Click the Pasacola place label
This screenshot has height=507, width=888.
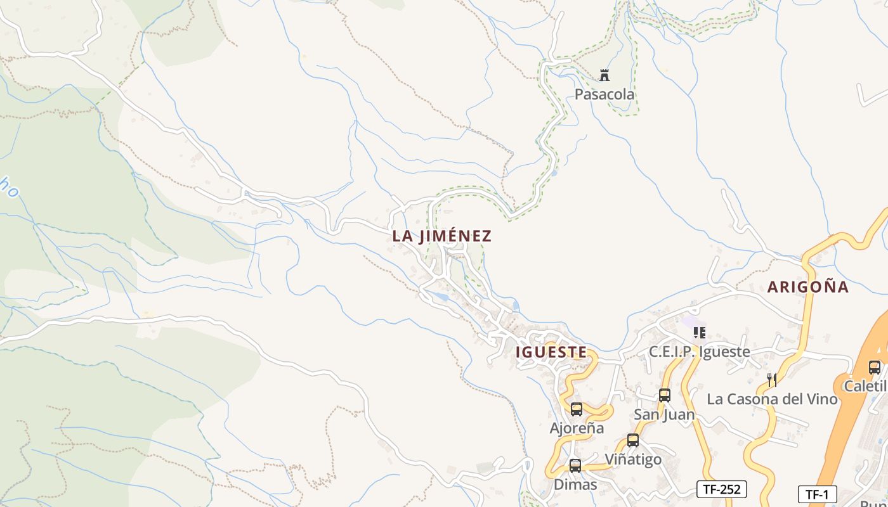[x=604, y=94]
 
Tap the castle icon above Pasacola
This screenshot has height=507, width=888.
[x=604, y=75]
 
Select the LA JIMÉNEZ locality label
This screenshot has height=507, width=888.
[x=441, y=236]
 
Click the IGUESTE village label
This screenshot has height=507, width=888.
[x=551, y=352]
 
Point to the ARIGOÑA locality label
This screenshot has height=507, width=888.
[x=807, y=287]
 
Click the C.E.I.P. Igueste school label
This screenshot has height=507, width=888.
[x=699, y=352]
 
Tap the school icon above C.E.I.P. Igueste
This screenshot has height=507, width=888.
[x=699, y=333]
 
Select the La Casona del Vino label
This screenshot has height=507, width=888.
[x=772, y=399]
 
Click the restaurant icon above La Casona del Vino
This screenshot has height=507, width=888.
[x=772, y=380]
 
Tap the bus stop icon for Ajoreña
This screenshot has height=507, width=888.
[x=576, y=409]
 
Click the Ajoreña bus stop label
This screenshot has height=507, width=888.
[x=577, y=428]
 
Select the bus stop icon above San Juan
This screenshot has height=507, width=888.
[x=664, y=395]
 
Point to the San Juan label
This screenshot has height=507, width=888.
[x=664, y=414]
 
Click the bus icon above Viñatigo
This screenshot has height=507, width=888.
[x=632, y=440]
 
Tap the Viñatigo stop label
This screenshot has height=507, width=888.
[x=632, y=459]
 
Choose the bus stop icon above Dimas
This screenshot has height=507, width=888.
[x=575, y=466]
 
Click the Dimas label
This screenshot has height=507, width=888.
[x=575, y=485]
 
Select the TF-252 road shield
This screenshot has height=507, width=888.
[x=722, y=489]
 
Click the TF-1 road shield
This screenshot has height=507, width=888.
[x=817, y=494]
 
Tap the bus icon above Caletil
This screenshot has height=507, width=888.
[x=874, y=367]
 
